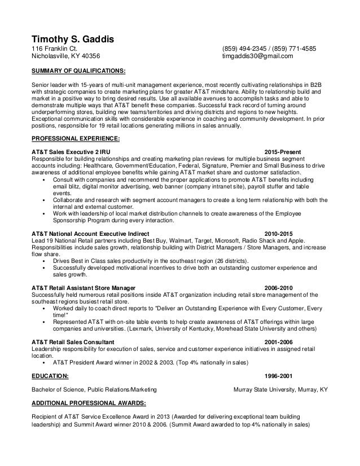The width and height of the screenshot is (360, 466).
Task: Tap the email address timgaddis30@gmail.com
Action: pyautogui.click(x=258, y=57)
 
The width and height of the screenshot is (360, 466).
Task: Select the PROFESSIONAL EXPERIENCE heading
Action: pyautogui.click(x=76, y=138)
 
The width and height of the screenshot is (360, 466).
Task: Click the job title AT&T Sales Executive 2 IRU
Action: pyautogui.click(x=71, y=152)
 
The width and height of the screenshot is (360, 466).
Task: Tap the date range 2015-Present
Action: pyautogui.click(x=283, y=152)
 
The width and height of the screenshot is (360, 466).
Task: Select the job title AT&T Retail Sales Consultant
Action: pyautogui.click(x=73, y=342)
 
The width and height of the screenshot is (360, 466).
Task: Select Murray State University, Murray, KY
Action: pyautogui.click(x=280, y=389)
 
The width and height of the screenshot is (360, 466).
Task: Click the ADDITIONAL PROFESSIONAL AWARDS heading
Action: pyautogui.click(x=89, y=403)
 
